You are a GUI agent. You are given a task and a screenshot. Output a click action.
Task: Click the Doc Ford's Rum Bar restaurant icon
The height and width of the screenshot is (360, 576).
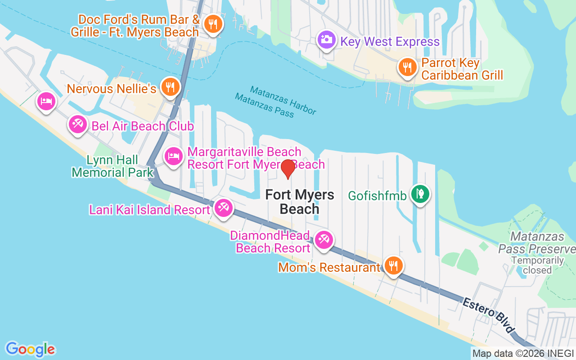pos(211,24)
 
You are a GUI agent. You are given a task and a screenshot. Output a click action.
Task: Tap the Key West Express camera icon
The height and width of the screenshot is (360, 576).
pos(326,40)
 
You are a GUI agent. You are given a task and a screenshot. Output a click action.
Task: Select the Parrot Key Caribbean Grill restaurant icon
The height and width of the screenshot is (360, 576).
pos(407,67)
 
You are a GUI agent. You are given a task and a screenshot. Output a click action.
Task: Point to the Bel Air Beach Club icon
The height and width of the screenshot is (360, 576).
pos(77,124)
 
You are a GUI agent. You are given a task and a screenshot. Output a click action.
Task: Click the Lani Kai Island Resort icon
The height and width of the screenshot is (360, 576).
pos(223,208)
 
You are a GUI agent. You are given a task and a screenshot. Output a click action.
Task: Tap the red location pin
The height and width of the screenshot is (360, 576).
pos(288,168)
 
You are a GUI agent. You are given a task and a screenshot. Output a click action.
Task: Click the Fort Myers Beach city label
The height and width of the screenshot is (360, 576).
pos(300,202)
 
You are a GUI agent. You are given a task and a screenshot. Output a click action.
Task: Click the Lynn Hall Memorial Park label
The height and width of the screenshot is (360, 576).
pos(112,166)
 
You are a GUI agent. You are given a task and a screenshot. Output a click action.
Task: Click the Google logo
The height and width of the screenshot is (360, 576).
pos(31,349)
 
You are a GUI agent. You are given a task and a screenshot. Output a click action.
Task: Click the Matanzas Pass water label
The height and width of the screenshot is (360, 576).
pos(265,105)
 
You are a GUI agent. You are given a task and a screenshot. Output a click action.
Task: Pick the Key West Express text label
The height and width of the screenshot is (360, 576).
pos(390,42)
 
